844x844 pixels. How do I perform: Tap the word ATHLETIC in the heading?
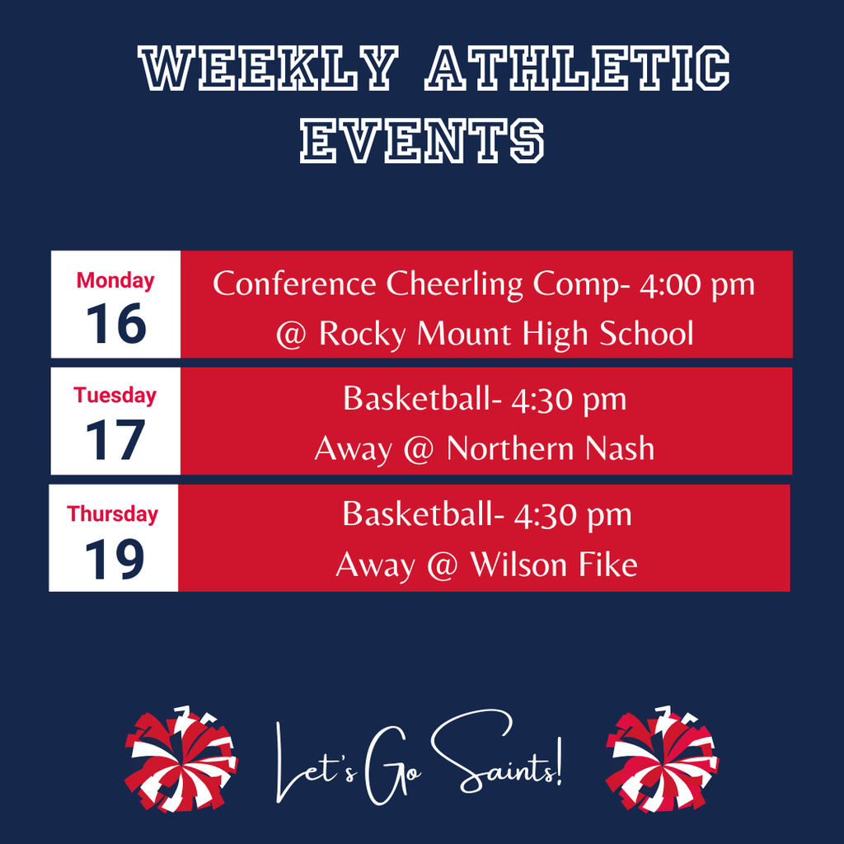(576, 70)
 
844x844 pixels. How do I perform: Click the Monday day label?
(115, 281)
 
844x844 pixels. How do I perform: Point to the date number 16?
(115, 324)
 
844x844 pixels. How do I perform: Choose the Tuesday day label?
(115, 396)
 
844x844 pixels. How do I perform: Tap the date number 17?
(115, 440)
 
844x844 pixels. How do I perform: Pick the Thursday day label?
(113, 514)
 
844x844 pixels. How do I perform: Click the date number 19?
(114, 558)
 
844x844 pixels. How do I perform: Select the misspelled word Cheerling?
(455, 284)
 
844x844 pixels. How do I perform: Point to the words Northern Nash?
(551, 449)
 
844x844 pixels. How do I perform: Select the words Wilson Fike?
(553, 565)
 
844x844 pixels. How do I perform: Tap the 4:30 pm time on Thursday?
(572, 515)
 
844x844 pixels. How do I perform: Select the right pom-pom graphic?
(662, 759)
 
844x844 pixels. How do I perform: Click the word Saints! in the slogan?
(497, 759)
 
